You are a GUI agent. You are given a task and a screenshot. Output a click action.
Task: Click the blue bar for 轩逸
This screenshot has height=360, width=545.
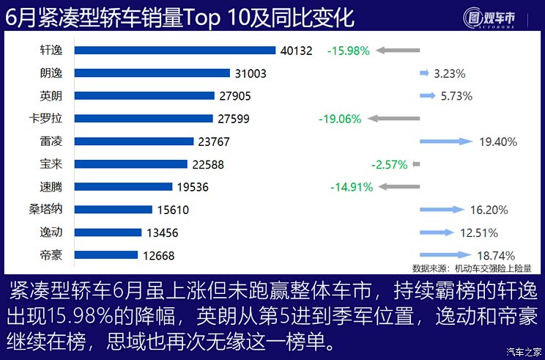(175, 51)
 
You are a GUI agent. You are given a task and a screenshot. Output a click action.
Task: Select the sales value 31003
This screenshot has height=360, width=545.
(250, 73)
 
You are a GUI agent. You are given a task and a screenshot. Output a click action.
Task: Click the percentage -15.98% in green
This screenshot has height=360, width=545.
(349, 51)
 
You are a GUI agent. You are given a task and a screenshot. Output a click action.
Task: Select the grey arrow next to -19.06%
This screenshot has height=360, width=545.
(393, 118)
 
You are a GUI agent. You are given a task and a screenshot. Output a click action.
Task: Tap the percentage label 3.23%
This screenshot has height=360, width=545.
(449, 73)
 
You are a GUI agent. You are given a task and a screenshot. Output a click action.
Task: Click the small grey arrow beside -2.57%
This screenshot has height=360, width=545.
(416, 164)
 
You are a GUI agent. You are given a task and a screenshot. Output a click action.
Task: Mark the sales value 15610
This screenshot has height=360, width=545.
(173, 210)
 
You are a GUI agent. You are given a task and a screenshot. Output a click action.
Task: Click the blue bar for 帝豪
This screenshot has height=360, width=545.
(106, 255)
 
